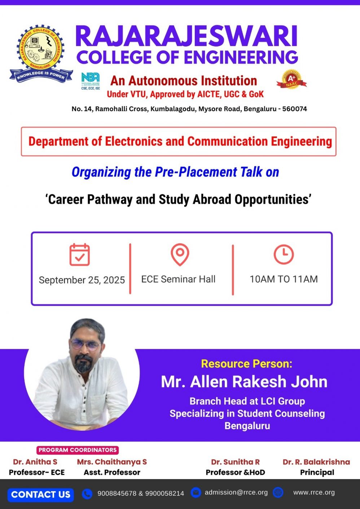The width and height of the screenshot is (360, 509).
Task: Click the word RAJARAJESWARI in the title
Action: pyautogui.click(x=186, y=36)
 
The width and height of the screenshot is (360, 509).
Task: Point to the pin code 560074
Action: pyautogui.click(x=294, y=109)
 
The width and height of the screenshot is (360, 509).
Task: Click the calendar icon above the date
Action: pyautogui.click(x=79, y=254)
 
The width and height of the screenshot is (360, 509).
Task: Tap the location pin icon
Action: pyautogui.click(x=180, y=254)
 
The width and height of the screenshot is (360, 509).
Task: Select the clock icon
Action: pyautogui.click(x=284, y=254)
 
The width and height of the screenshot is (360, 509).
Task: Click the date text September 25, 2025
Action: pyautogui.click(x=82, y=280)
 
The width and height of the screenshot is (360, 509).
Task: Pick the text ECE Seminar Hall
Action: pyautogui.click(x=178, y=279)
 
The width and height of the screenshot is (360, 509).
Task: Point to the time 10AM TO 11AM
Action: pyautogui.click(x=284, y=279)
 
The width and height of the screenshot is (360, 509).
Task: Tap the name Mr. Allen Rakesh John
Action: pyautogui.click(x=244, y=382)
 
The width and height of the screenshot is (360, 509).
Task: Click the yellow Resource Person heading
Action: pyautogui.click(x=247, y=364)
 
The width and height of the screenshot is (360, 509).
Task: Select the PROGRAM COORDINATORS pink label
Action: pyautogui.click(x=78, y=450)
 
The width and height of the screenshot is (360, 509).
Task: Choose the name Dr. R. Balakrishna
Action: pyautogui.click(x=316, y=462)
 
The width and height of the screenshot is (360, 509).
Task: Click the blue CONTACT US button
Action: pyautogui.click(x=41, y=495)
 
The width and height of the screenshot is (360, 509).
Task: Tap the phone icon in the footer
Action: pyautogui.click(x=87, y=493)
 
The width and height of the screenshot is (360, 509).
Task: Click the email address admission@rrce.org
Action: pyautogui.click(x=236, y=492)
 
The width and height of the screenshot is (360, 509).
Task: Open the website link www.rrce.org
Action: pyautogui.click(x=314, y=492)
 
